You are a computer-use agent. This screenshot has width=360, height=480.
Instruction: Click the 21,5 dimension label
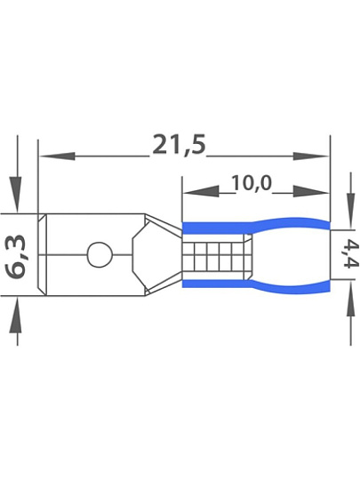point(180,145)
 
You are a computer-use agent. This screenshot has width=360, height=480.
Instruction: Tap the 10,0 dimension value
point(252,183)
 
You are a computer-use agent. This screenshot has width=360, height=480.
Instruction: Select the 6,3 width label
point(16,254)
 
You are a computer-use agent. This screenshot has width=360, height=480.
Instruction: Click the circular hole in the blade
point(100,254)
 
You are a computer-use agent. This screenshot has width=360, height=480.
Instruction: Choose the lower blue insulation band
point(256,284)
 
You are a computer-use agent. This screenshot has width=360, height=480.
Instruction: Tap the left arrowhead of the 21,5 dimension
point(58,156)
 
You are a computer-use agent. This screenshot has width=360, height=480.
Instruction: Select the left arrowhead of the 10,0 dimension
point(201,192)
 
